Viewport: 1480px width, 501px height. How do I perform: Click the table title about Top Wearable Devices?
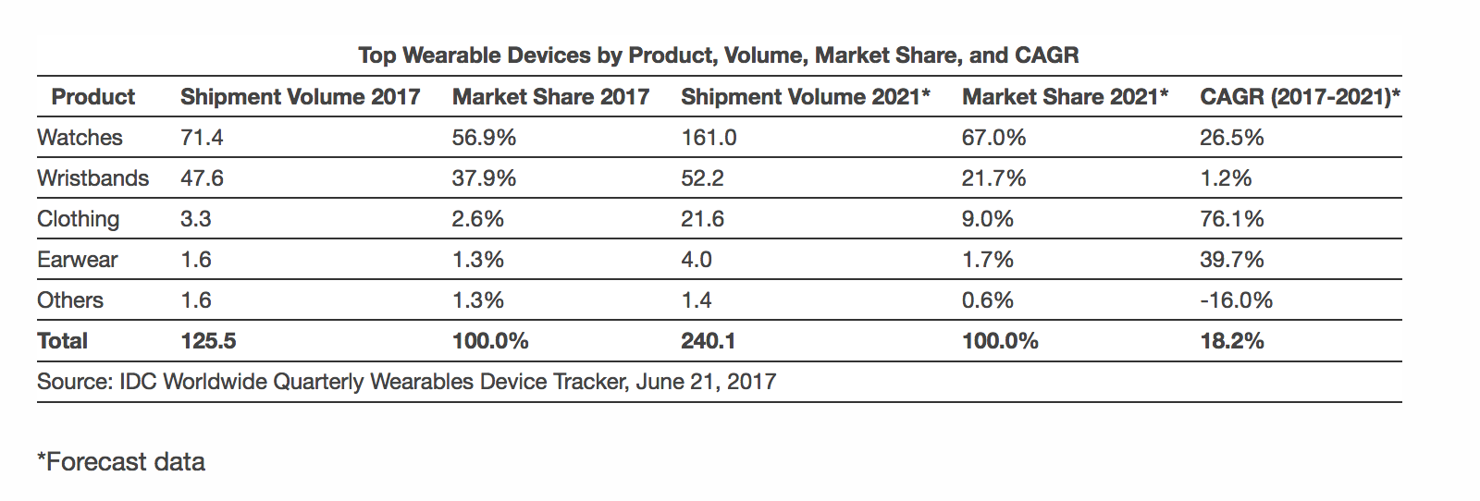[719, 55]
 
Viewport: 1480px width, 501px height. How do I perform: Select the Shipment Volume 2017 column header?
[300, 97]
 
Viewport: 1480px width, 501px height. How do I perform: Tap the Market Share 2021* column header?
[1065, 97]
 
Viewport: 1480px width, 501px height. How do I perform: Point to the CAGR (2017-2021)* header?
[1300, 97]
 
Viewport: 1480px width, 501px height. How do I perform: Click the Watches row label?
[80, 138]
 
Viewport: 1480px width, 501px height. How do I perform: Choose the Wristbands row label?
[92, 178]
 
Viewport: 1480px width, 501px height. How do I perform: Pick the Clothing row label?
[78, 219]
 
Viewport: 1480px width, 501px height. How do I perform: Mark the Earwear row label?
[77, 260]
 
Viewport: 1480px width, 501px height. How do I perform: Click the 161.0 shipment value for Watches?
[709, 138]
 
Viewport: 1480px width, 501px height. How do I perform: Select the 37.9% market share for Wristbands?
[484, 178]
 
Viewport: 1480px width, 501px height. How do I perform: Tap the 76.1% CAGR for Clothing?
[1231, 219]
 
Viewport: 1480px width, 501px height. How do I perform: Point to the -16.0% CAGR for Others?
[1236, 300]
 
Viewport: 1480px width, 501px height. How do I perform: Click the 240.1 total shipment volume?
[708, 341]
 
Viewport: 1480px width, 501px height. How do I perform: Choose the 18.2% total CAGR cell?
[1231, 341]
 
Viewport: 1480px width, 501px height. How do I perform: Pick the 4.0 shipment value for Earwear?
[697, 260]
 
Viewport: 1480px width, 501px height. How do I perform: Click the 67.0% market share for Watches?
[993, 138]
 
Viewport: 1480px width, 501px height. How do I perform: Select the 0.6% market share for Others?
[987, 300]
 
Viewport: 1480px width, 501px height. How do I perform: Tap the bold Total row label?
[62, 341]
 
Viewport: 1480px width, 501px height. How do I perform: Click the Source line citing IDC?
[406, 382]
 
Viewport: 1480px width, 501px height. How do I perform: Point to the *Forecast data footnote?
[121, 461]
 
